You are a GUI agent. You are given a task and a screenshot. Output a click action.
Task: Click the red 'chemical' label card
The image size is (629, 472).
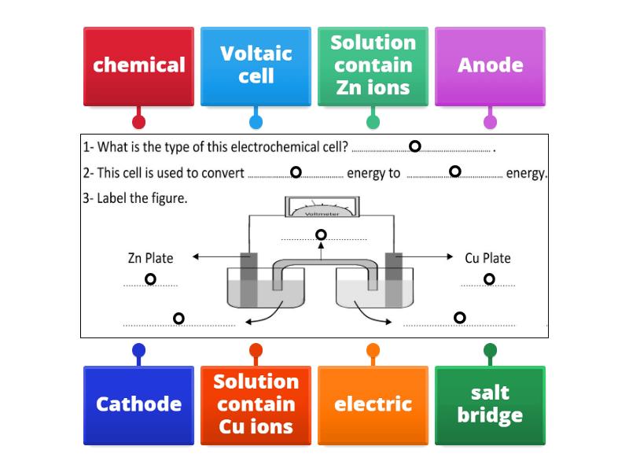[138, 65]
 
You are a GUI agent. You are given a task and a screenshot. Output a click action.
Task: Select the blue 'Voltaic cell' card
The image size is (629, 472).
[256, 65]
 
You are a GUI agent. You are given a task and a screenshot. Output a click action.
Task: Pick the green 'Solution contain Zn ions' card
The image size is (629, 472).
[373, 65]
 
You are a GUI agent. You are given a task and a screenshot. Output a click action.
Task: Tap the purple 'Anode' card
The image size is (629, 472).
[490, 65]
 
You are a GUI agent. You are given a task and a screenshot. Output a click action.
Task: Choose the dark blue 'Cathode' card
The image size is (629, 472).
[138, 404]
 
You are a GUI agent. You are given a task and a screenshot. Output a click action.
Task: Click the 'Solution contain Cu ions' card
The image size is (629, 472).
[256, 404]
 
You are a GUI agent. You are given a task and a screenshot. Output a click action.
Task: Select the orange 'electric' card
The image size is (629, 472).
[373, 404]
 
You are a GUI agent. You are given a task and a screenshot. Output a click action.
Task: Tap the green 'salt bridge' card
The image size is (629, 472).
[490, 404]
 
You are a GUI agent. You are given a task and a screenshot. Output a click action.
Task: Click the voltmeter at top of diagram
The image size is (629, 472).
[321, 208]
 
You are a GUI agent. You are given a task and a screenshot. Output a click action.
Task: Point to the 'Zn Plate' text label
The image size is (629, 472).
[150, 257]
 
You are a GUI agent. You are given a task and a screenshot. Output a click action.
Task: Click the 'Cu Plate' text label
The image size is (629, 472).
[487, 257]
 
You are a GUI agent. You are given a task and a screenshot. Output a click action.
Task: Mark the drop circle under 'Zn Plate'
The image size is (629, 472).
[150, 279]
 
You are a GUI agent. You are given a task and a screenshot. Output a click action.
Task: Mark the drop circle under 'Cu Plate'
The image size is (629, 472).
[489, 278]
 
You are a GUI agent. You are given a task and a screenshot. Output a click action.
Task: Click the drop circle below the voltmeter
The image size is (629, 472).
[321, 234]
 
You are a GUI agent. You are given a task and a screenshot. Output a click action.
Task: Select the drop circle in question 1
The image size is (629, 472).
[415, 146]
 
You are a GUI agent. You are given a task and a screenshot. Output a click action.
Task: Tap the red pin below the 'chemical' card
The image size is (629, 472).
[138, 122]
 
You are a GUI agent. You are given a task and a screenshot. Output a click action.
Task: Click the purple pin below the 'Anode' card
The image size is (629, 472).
[490, 122]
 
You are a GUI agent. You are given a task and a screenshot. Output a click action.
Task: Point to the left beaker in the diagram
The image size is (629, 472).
[256, 289]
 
